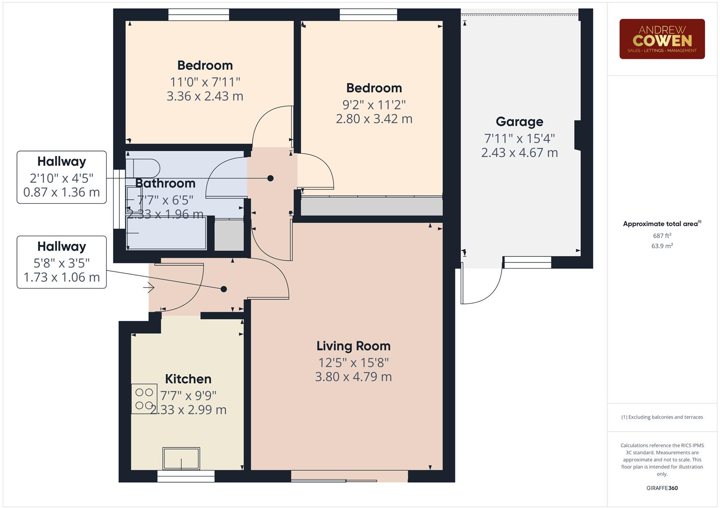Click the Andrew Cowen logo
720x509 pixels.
tap(662, 39)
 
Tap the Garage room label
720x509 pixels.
tap(519, 122)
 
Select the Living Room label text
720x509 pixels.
tap(353, 346)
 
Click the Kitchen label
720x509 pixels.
tap(188, 379)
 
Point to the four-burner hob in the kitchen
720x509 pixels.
tap(144, 399)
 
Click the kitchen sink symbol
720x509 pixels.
tap(181, 459)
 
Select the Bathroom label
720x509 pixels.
tap(165, 183)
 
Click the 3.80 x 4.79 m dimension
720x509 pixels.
tap(353, 377)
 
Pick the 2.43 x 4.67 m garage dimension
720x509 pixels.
tap(519, 153)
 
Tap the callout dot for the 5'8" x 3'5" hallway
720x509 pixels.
tap(223, 289)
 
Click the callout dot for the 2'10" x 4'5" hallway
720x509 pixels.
tap(270, 178)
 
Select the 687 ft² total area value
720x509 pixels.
tap(662, 236)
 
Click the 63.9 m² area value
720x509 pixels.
tap(662, 246)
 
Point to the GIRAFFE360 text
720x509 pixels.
tap(662, 488)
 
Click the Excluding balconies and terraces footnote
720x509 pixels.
tap(662, 417)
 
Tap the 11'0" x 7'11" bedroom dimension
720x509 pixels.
tap(205, 82)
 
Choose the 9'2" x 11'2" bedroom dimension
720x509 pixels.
tap(374, 104)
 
